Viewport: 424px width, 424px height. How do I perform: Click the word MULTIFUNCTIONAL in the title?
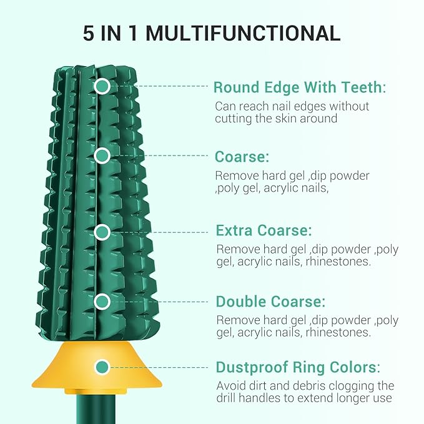tap(243, 33)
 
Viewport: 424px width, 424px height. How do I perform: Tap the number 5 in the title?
tap(89, 33)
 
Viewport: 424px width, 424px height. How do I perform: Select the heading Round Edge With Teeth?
tap(300, 87)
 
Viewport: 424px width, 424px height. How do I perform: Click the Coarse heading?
tap(242, 157)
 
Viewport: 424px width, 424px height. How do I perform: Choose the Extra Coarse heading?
tap(264, 230)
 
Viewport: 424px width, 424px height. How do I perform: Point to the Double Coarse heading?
tap(270, 302)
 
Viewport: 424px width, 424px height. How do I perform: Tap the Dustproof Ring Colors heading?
tap(298, 367)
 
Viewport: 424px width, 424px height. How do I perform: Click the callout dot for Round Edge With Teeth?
tap(102, 86)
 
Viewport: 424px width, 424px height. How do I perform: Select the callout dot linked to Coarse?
tap(102, 155)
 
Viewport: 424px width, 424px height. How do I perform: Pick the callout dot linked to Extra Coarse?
tap(102, 232)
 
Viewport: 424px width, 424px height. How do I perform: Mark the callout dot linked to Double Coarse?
tap(102, 302)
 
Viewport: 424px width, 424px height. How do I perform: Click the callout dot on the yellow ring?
tap(102, 367)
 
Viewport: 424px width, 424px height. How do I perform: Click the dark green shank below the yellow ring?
tap(96, 409)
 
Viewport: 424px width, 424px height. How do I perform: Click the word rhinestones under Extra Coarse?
tap(338, 262)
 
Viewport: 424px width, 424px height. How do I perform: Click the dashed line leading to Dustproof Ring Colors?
tap(159, 367)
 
